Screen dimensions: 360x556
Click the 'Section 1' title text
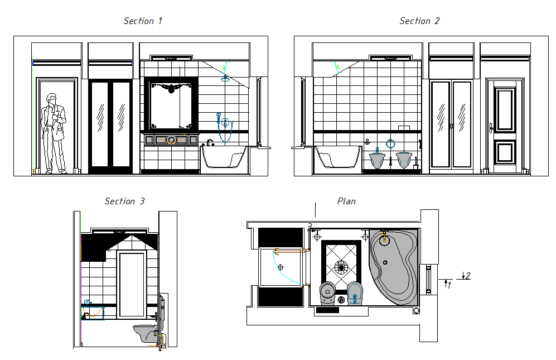point(143,21)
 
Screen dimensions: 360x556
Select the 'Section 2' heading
point(419,21)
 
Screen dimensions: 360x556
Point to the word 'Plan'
point(346,201)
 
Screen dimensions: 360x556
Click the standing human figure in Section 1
point(54,133)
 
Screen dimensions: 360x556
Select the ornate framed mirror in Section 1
point(172,105)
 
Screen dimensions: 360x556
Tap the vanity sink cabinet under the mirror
point(172,140)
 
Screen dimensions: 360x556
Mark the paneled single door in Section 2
point(505,126)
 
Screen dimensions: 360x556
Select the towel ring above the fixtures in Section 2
point(390,143)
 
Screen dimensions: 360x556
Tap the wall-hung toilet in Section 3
point(146,333)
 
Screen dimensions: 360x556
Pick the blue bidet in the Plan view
point(355,291)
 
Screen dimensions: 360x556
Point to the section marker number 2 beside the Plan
point(467,276)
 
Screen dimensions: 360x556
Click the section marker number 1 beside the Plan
point(449,285)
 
